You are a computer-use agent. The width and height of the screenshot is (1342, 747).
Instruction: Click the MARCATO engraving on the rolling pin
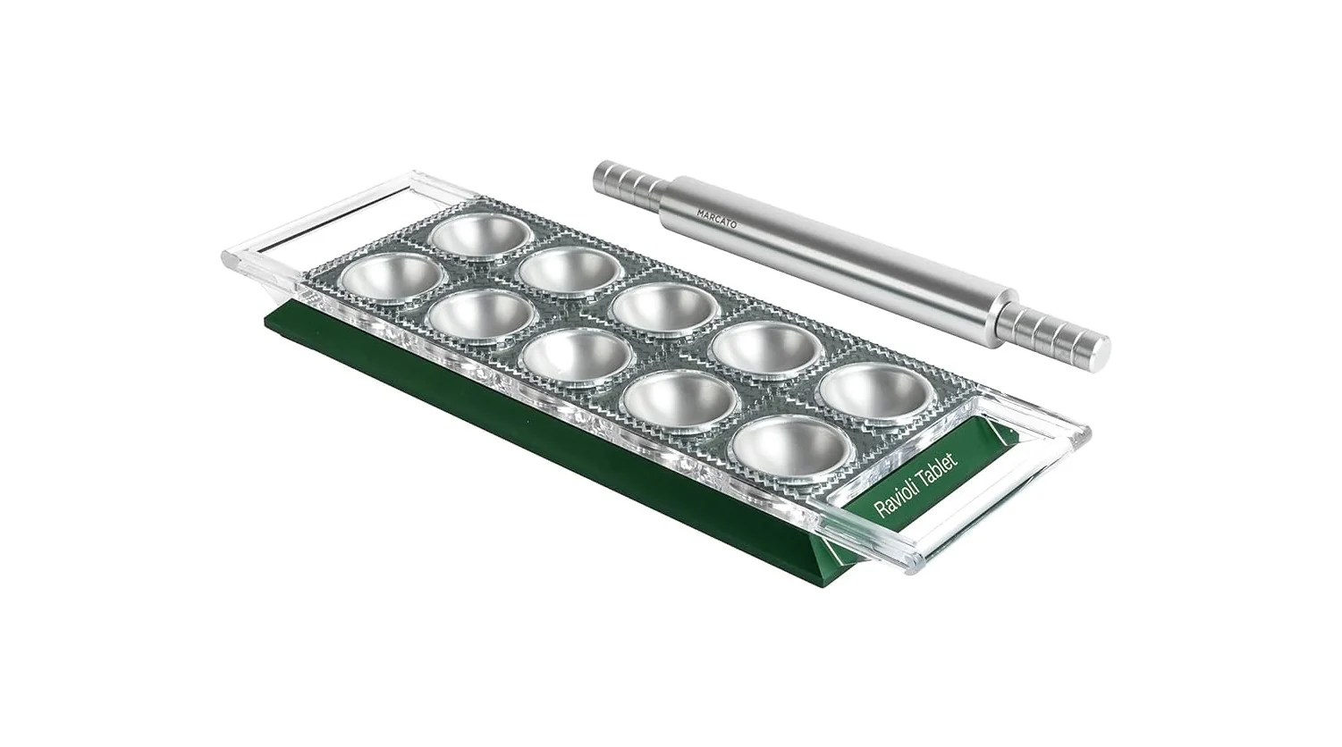tap(716, 219)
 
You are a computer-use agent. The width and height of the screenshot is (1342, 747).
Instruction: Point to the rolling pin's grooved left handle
tap(629, 181)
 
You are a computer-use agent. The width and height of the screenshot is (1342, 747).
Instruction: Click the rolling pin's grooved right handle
tap(1053, 334)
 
